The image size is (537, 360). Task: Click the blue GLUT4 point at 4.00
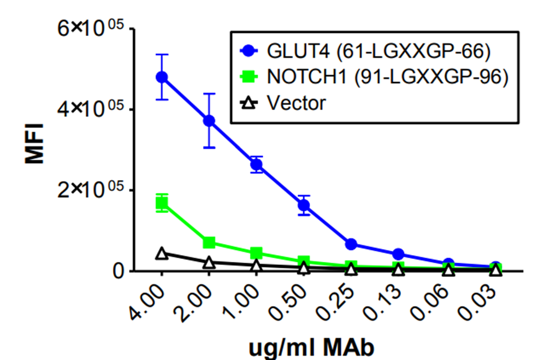162,77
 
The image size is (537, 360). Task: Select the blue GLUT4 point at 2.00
209,120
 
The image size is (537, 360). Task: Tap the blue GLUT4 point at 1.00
256,164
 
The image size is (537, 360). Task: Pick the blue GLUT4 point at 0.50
304,205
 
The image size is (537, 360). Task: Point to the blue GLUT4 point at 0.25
351,244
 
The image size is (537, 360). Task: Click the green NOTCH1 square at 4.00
162,203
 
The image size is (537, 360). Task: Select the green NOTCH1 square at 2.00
209,242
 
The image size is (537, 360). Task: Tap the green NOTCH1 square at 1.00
256,253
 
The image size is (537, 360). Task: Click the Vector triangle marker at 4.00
162,253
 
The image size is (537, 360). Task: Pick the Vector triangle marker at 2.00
209,263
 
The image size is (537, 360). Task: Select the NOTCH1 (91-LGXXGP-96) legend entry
379,76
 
